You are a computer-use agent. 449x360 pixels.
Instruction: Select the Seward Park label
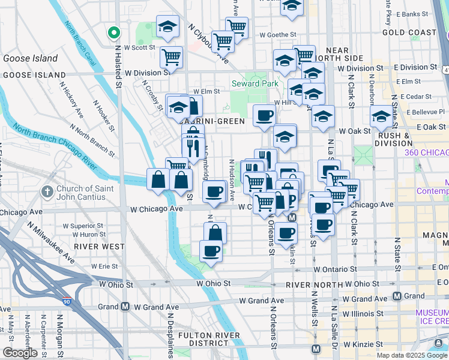[255, 83]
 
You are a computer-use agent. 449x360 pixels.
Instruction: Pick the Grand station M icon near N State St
[397, 296]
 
